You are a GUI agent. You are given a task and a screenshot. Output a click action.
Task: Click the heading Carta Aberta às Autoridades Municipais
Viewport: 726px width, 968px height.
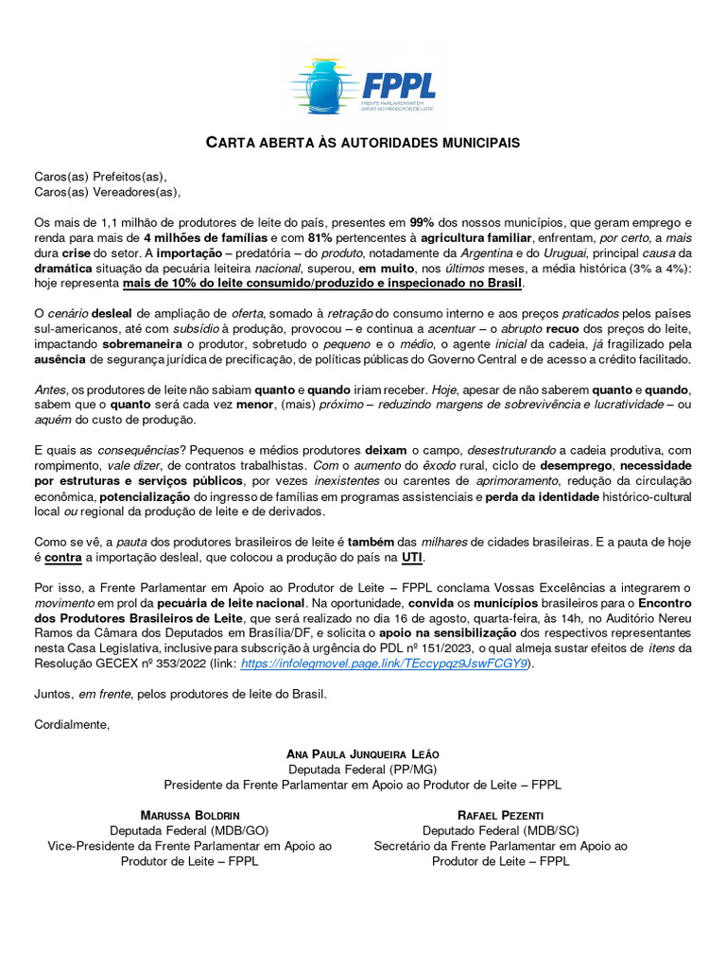click(x=363, y=143)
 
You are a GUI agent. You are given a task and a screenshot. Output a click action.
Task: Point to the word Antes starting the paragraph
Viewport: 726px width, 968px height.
click(x=50, y=389)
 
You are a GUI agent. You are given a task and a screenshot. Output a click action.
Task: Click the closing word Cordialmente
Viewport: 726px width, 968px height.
click(x=72, y=724)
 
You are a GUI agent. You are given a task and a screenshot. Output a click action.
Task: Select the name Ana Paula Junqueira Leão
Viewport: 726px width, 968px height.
click(x=363, y=754)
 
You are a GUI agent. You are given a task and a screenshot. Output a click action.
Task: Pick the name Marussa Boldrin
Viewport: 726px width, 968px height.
click(x=190, y=815)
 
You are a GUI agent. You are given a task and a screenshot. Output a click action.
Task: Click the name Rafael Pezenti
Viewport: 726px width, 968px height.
click(x=500, y=815)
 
